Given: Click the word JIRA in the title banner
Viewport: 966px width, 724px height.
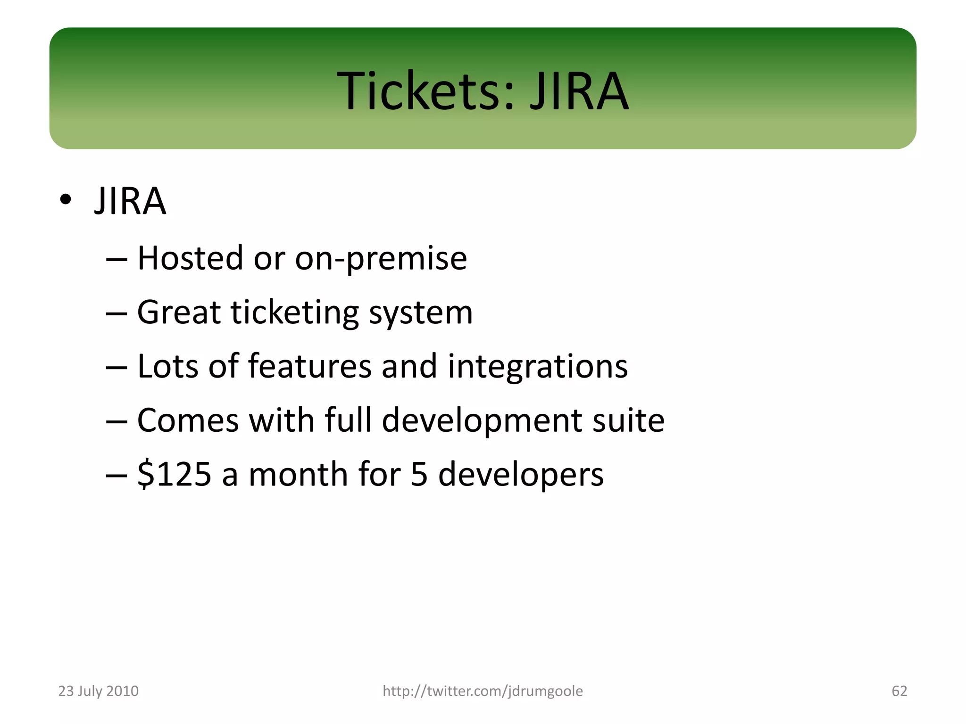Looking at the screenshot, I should coord(579,90).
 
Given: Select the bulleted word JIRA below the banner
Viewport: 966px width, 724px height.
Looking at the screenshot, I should coord(130,201).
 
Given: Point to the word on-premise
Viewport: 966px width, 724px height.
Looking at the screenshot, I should coord(381,259).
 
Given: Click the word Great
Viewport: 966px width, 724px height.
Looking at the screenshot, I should coord(178,313).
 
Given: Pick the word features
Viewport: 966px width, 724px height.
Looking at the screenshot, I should coord(309,366).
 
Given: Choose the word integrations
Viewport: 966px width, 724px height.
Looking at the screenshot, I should coord(537,367).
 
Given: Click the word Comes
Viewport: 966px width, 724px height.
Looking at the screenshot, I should coord(188,420).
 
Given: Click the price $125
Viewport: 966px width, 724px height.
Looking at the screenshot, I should coord(174,474).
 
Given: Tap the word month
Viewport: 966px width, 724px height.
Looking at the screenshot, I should coord(298,474).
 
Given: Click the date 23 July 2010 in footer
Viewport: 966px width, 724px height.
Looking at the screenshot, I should coord(98,691).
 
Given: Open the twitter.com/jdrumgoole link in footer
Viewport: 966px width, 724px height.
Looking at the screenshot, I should coord(483,691).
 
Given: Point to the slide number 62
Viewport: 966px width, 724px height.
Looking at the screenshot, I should coord(899,691).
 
